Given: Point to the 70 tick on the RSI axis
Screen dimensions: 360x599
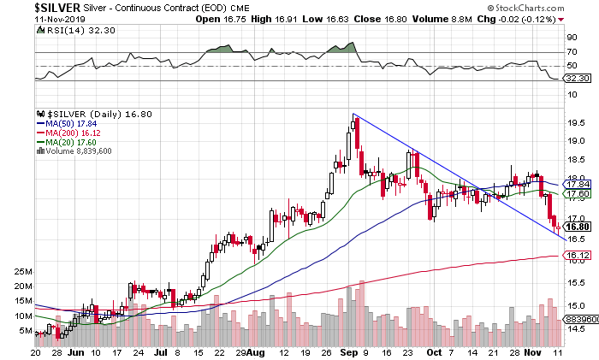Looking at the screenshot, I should click(x=572, y=52).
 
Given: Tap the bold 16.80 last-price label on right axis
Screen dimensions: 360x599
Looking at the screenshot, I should click(x=578, y=227).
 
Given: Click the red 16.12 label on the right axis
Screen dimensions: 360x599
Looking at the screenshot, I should click(x=578, y=255).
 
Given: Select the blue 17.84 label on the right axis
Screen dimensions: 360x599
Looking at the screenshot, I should click(x=578, y=184).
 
